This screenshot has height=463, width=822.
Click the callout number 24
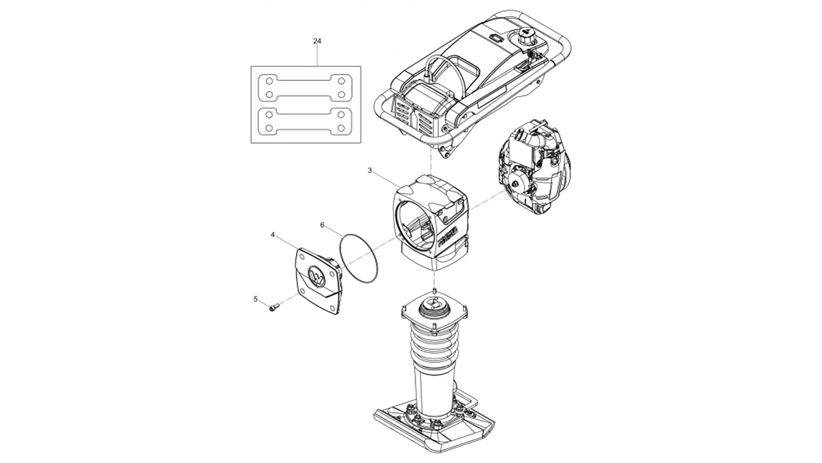[317, 41]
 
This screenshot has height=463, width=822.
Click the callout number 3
[370, 170]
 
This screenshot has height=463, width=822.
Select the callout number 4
[273, 235]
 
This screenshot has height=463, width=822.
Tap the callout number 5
[256, 299]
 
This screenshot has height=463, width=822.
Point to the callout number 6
[322, 224]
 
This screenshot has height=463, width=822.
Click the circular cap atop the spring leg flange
[434, 308]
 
